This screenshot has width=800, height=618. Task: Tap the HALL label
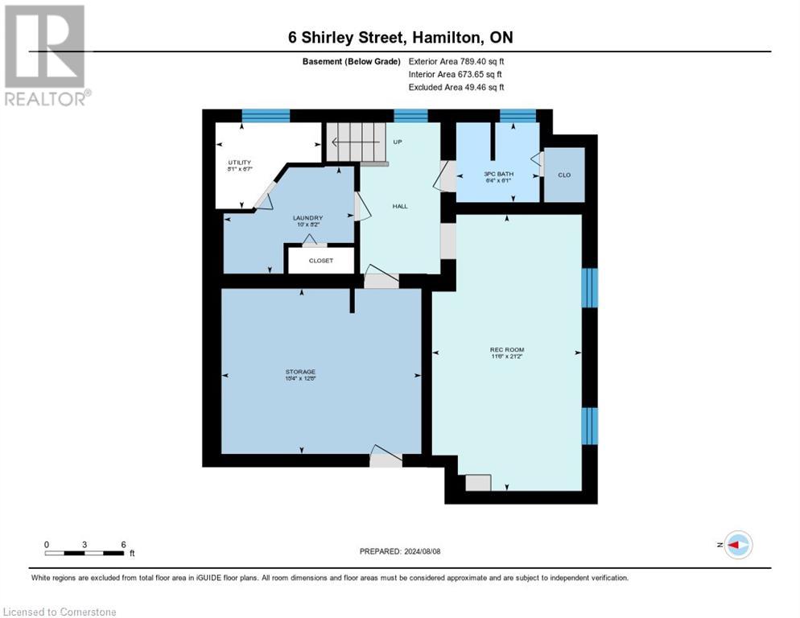click(400, 206)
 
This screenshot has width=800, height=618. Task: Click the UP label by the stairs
click(397, 142)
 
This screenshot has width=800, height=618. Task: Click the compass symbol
click(737, 545)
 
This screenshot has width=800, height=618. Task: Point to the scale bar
click(85, 553)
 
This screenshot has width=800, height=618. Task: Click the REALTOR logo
click(46, 56)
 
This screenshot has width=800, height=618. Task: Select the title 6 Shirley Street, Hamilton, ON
click(400, 38)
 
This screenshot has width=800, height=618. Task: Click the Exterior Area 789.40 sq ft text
click(456, 60)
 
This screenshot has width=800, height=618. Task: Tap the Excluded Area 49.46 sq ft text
click(456, 87)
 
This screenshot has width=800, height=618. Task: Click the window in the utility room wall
click(266, 116)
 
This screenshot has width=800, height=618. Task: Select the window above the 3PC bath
click(518, 116)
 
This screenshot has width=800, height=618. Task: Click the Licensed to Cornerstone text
click(60, 612)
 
